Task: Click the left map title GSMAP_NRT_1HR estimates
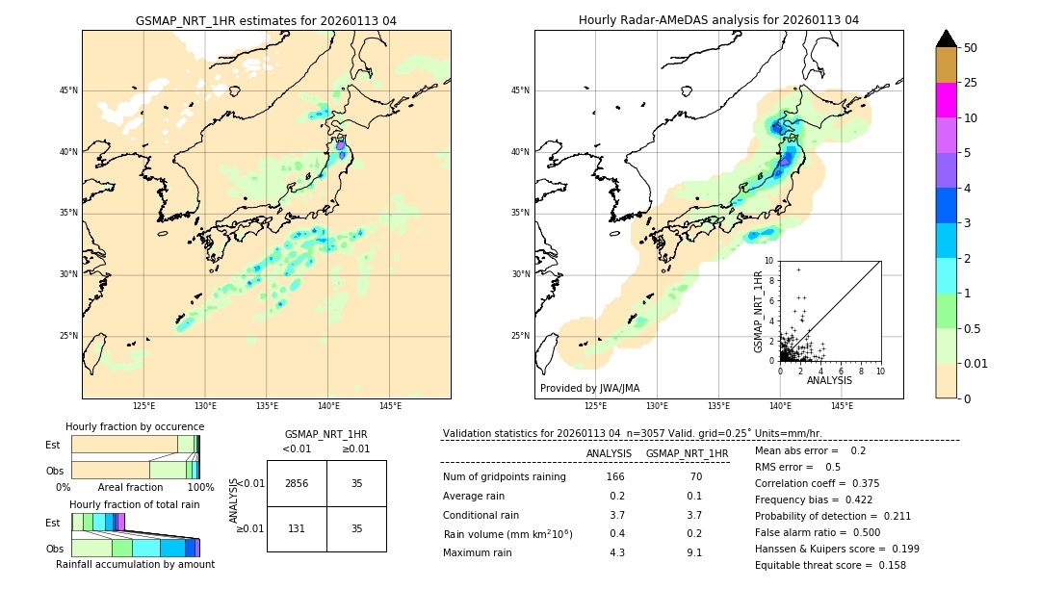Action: pos(266,20)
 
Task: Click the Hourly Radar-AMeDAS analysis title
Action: pos(718,20)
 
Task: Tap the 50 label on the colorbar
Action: pos(971,48)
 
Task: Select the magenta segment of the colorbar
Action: pos(946,100)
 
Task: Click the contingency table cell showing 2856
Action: pos(297,483)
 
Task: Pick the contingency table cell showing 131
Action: pos(297,528)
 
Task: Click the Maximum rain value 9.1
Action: pos(693,552)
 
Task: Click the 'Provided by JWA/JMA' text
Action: pos(589,388)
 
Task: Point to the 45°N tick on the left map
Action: pos(68,90)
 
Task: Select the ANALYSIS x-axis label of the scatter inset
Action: pos(829,380)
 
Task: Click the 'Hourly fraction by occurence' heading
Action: pos(135,426)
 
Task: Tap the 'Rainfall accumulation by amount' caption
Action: pos(135,564)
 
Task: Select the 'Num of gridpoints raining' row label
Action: pos(505,477)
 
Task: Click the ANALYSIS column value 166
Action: pos(615,477)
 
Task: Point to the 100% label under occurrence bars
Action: pos(200,487)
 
